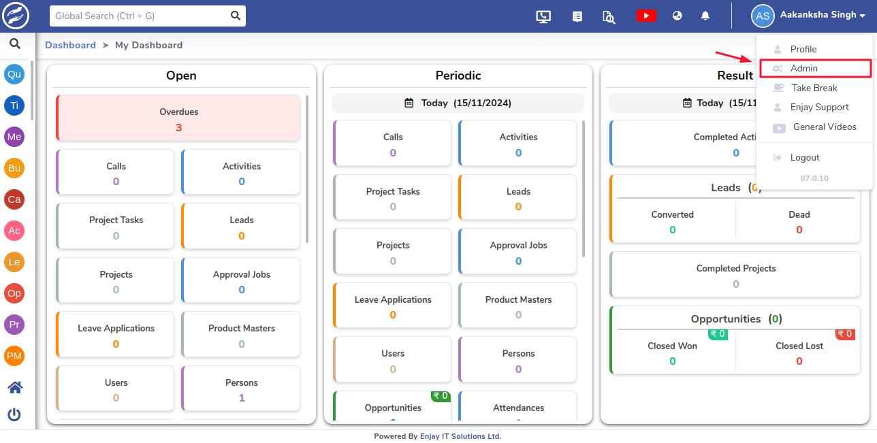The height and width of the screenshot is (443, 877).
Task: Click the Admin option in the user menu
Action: pos(803,68)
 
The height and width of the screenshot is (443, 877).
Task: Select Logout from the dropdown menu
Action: pos(805,157)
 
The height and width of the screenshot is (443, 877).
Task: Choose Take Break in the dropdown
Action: pos(814,88)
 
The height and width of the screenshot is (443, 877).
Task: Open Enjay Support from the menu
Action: pos(819,107)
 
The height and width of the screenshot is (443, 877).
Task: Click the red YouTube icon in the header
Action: pos(646,16)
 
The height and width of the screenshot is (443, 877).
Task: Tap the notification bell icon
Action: pos(705,16)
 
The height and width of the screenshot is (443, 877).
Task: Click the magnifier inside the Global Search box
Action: pos(236,16)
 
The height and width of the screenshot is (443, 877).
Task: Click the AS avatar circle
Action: pos(763,16)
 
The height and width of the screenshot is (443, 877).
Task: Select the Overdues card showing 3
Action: pos(178,118)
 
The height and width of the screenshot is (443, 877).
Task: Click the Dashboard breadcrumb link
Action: pos(71,45)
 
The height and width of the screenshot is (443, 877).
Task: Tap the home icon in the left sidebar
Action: pos(15,387)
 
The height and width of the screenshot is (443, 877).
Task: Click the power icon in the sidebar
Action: pos(14,414)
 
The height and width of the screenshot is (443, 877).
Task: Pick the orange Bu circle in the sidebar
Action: pos(14,168)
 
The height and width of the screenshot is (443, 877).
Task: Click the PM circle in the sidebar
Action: pos(14,356)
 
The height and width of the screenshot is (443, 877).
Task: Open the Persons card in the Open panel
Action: pos(241,389)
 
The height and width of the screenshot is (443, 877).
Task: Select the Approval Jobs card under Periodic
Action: pos(517,252)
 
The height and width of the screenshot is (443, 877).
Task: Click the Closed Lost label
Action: pos(799,346)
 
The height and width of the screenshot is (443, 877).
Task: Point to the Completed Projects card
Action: pos(735,275)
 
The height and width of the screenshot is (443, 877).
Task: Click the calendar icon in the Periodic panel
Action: pos(409,103)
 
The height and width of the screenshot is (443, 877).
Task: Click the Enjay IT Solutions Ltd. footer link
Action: pos(460,436)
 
